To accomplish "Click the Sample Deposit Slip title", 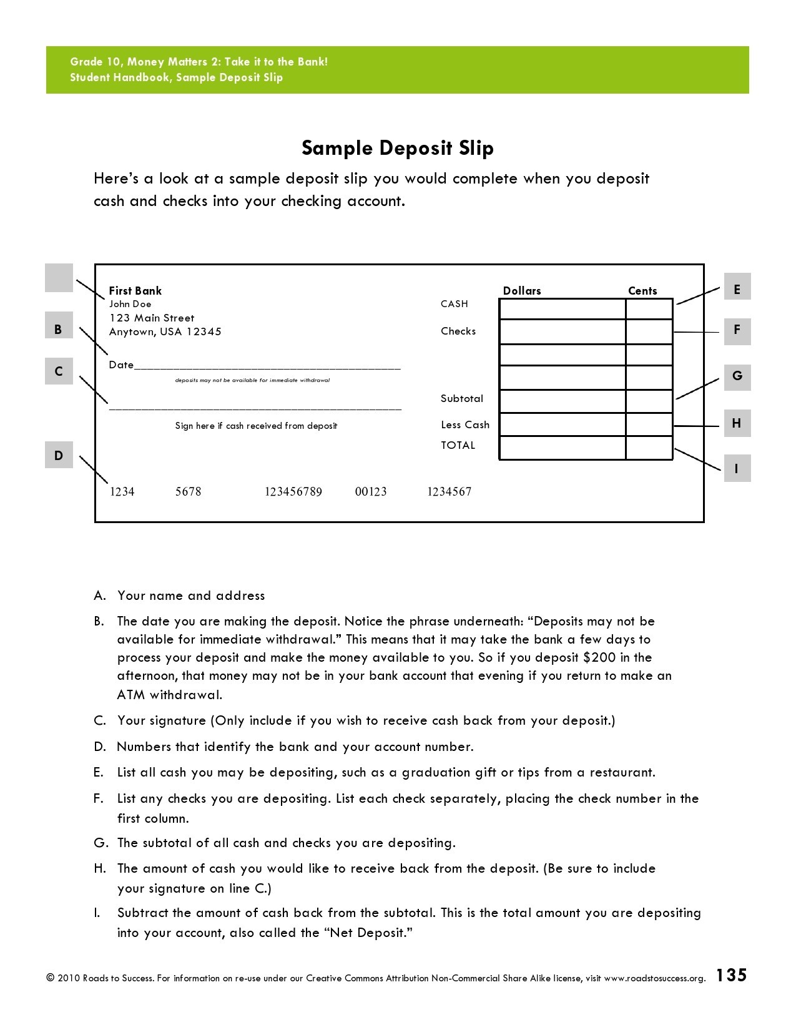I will (x=398, y=149).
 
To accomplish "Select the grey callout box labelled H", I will (x=737, y=423).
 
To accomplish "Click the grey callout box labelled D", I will (x=59, y=455).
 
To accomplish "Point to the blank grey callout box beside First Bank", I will (x=59, y=278).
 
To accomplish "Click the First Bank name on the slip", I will (x=135, y=290).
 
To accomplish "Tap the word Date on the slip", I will (x=121, y=365).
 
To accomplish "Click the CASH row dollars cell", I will (x=562, y=309).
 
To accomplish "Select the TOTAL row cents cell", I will (x=649, y=448).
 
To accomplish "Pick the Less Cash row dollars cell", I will (x=562, y=424).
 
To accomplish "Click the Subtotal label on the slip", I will (x=461, y=398).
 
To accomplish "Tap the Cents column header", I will (x=642, y=291).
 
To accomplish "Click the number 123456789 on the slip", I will (x=293, y=492).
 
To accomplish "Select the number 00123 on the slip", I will (x=371, y=492).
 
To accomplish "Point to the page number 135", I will (x=730, y=975).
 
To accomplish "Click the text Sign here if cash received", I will (x=256, y=426).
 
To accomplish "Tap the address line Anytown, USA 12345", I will (x=165, y=331).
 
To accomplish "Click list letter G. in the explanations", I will (x=100, y=843).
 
